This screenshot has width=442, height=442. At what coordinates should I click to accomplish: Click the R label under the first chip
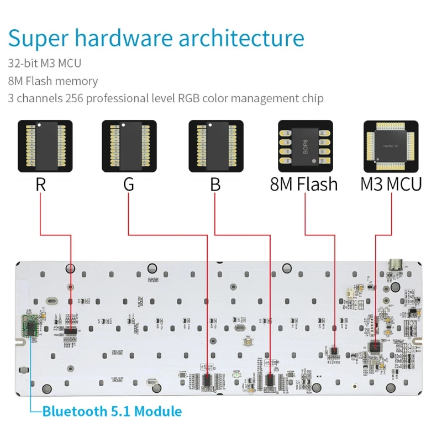tap(40, 184)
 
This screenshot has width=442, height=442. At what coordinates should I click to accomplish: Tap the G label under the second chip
tap(128, 184)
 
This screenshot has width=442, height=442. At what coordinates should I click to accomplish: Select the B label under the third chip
tap(215, 184)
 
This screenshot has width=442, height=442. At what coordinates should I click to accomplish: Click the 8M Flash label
tap(303, 184)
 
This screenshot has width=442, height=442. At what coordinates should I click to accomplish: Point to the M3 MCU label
tap(391, 184)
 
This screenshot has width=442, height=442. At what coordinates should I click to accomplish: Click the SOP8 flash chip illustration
tap(305, 146)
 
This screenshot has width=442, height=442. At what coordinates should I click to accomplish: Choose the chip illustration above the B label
tap(216, 146)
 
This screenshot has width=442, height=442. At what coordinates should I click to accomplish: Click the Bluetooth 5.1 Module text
tap(112, 411)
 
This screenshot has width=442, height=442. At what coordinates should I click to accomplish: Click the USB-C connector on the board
tap(396, 265)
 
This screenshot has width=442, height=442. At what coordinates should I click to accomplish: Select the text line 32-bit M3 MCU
tap(44, 64)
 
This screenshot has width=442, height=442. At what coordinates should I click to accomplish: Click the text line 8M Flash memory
tap(53, 81)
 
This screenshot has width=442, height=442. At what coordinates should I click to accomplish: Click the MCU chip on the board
tap(376, 347)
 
